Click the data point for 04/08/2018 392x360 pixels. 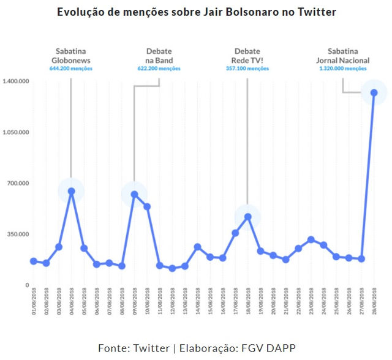(72, 191)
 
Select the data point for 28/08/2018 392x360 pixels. (374, 92)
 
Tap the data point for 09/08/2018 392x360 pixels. (134, 194)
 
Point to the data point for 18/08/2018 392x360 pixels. (247, 217)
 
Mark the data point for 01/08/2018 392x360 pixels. (34, 261)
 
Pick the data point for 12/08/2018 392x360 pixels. (172, 268)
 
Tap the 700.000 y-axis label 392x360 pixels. (18, 183)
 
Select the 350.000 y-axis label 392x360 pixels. (18, 234)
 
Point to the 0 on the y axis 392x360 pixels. (26, 285)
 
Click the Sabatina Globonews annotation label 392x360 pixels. (72, 56)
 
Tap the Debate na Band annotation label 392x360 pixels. (159, 56)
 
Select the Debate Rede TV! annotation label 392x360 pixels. (247, 56)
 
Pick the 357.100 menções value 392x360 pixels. (247, 69)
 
